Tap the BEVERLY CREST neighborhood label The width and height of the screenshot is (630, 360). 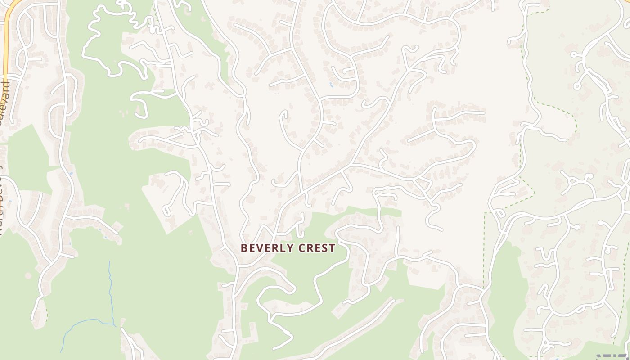pyautogui.click(x=288, y=248)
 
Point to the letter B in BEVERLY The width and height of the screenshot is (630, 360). pyautogui.click(x=244, y=248)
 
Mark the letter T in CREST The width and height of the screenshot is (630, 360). pyautogui.click(x=332, y=248)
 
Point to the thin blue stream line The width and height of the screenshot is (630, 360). pyautogui.click(x=111, y=292)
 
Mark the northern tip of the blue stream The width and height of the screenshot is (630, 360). pyautogui.click(x=109, y=261)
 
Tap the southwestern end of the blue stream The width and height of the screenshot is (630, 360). pyautogui.click(x=61, y=352)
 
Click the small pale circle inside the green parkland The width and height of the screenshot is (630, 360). pyautogui.click(x=28, y=275)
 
